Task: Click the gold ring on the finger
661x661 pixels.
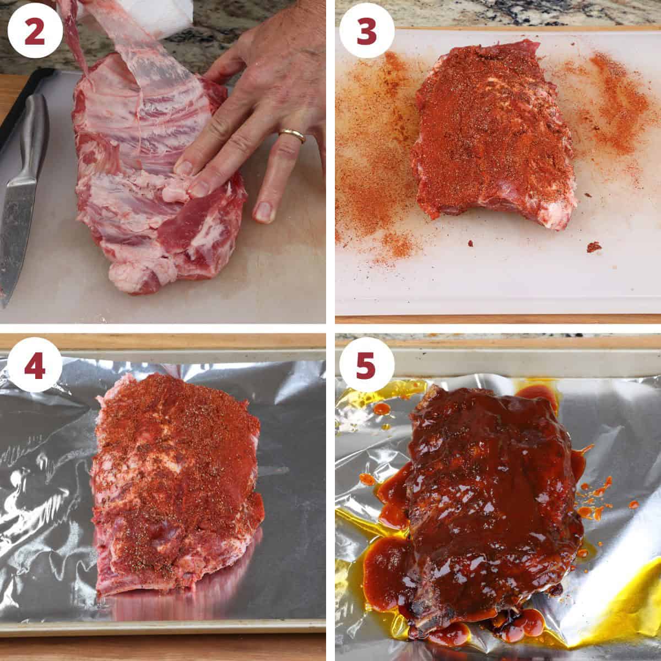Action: (x=292, y=134)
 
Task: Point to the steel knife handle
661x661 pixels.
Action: (x=34, y=138)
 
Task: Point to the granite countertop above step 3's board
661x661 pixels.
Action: (x=496, y=14)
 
